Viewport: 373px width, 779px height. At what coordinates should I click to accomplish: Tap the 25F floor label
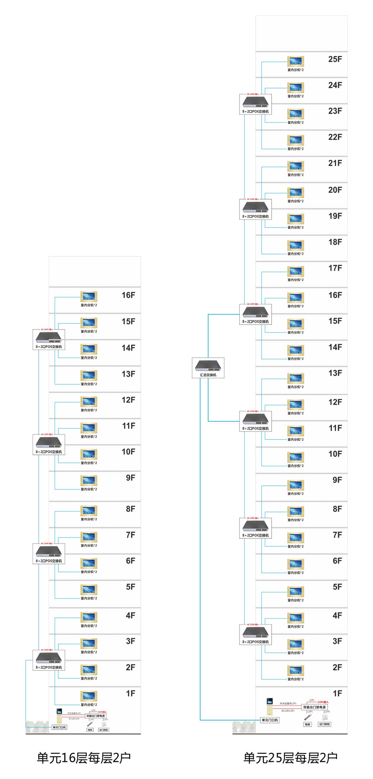[x=335, y=59]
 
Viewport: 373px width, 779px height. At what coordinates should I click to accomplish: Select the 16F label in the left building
[x=128, y=295]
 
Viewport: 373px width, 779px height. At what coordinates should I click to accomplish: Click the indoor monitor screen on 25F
[x=296, y=62]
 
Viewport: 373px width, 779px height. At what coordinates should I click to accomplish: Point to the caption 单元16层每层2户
[x=84, y=758]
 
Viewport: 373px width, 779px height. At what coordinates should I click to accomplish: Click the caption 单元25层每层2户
[x=290, y=758]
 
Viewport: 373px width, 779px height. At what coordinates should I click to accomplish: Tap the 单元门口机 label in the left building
[x=59, y=727]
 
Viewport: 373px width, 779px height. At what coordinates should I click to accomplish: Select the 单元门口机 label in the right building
[x=270, y=720]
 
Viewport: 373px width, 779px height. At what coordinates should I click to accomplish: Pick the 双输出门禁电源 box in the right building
[x=315, y=707]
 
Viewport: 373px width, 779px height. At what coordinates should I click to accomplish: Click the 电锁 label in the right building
[x=307, y=724]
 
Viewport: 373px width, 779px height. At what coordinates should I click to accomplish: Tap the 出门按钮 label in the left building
[x=104, y=730]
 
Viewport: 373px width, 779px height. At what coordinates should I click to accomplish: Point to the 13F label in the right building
[x=335, y=373]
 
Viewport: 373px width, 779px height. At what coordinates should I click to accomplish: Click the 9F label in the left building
[x=131, y=478]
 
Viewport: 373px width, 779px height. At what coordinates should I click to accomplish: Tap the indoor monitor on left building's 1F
[x=89, y=696]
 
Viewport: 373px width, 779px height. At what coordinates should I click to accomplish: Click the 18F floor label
[x=335, y=242]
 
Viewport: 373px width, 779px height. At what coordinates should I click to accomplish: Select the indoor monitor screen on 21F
[x=296, y=166]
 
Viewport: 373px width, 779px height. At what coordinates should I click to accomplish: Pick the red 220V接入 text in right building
[x=323, y=702]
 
